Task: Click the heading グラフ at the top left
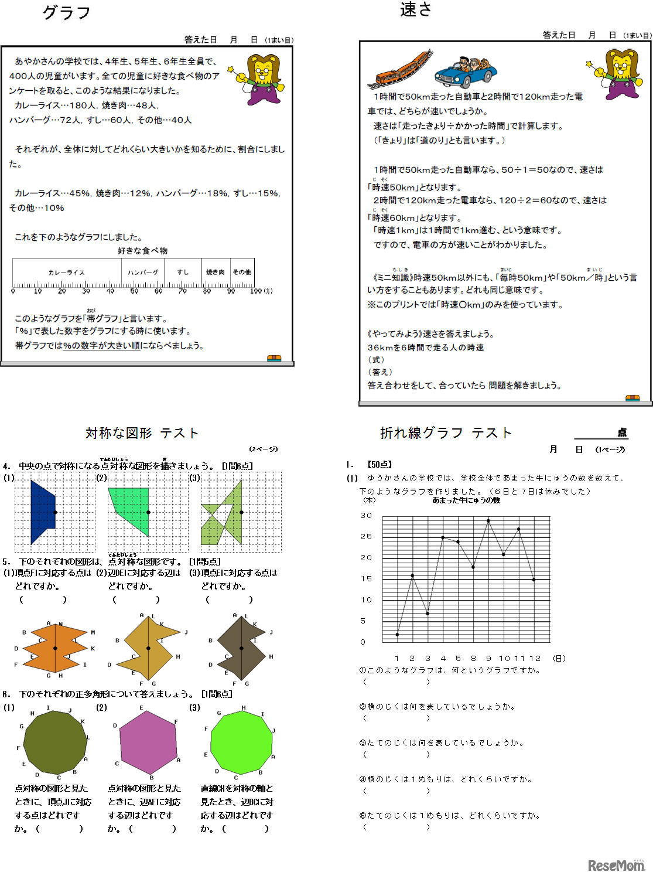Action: [x=66, y=13]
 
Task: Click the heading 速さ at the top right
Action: [x=415, y=10]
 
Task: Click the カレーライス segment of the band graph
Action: [x=67, y=272]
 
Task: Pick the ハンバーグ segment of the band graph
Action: [x=143, y=272]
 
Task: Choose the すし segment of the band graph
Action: [x=183, y=272]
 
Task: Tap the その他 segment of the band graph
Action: [x=242, y=272]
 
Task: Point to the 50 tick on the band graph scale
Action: [x=134, y=291]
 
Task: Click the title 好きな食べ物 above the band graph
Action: [x=142, y=251]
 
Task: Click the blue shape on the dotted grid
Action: [x=42, y=512]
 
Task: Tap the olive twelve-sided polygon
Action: [x=55, y=743]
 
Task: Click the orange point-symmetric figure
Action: [x=55, y=648]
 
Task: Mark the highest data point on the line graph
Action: [x=488, y=520]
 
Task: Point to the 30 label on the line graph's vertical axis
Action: [x=366, y=516]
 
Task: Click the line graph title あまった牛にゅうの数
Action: [x=466, y=500]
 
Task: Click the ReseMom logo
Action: [x=616, y=866]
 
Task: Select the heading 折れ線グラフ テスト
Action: [x=446, y=433]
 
